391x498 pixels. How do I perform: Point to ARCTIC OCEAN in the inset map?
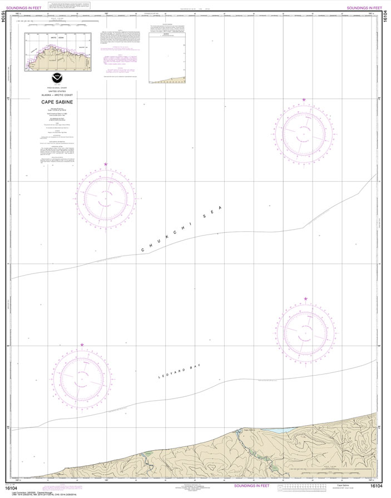[x=58, y=37]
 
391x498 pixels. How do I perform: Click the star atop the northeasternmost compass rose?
[x=304, y=100]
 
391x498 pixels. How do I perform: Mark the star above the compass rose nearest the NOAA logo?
[x=106, y=165]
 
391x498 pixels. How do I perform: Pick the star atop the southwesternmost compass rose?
[x=82, y=345]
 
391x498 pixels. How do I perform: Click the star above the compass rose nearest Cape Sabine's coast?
[x=305, y=299]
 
